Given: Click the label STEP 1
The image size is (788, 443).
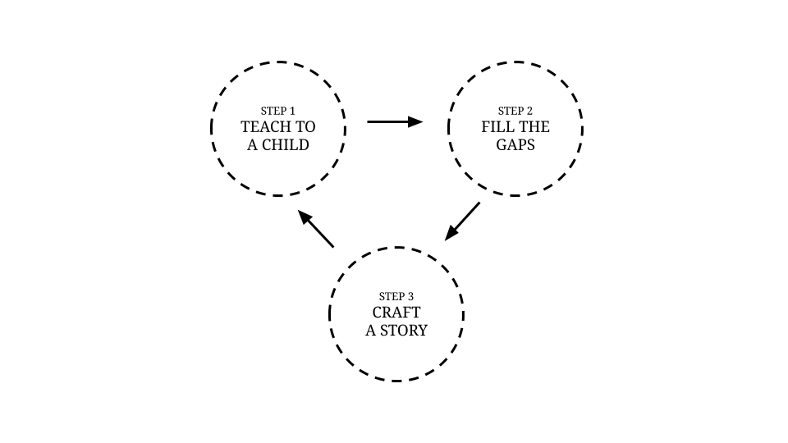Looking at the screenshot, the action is click(278, 111).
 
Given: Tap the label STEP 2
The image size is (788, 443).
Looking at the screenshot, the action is click(515, 111).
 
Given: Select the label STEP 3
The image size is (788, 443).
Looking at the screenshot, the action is click(396, 296).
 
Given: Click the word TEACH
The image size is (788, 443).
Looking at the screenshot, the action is click(263, 126).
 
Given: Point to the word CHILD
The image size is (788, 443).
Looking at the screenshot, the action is click(286, 144).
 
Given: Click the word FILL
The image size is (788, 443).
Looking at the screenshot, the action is click(495, 126).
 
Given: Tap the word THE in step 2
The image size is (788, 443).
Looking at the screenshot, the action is click(532, 126).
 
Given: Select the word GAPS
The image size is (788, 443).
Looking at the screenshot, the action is click(515, 144).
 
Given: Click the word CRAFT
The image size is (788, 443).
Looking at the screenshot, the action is click(396, 313).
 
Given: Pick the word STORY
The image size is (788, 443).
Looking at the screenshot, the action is click(404, 331).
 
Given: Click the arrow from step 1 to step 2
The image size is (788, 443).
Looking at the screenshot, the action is click(395, 121).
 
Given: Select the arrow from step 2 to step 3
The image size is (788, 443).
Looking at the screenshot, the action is click(462, 221).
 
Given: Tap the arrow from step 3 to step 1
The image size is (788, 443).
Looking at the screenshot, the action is click(315, 229).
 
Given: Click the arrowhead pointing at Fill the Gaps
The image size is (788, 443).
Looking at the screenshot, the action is click(415, 121).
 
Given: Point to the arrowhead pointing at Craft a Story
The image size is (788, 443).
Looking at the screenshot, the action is click(451, 234).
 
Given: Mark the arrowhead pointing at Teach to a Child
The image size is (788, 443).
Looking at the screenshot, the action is click(305, 217).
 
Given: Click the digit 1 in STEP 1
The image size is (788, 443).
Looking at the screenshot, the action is click(292, 111).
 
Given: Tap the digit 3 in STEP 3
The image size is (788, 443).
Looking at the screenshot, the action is click(410, 296).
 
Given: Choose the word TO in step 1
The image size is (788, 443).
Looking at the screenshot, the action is click(305, 126).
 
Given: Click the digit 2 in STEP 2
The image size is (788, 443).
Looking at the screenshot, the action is click(529, 111).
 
